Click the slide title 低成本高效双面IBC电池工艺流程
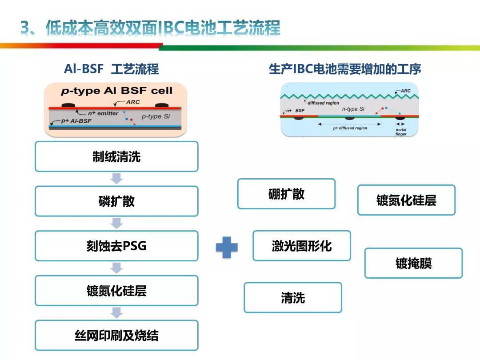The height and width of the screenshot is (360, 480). [151, 28]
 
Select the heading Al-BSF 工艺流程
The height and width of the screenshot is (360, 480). [111, 69]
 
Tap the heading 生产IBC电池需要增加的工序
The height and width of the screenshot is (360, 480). [345, 69]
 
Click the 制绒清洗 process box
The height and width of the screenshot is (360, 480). [116, 156]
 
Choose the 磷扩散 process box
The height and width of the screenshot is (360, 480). [116, 201]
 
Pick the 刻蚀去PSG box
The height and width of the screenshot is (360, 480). [116, 246]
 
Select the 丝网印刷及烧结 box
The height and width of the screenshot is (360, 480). [116, 336]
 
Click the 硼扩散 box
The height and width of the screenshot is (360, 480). [286, 194]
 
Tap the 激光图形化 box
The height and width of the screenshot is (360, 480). [302, 246]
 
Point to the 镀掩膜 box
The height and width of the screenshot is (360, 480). [413, 263]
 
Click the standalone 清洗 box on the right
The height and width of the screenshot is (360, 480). [293, 297]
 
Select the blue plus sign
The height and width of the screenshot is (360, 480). [227, 248]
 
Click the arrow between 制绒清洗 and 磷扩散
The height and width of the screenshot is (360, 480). [116, 179]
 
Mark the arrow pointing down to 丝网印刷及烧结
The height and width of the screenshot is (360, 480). [116, 313]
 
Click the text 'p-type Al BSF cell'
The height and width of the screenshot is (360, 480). [116, 91]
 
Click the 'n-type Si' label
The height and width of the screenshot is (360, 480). [353, 109]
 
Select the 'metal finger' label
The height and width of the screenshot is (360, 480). [401, 132]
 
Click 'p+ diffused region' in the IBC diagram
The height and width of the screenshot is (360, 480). [350, 128]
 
